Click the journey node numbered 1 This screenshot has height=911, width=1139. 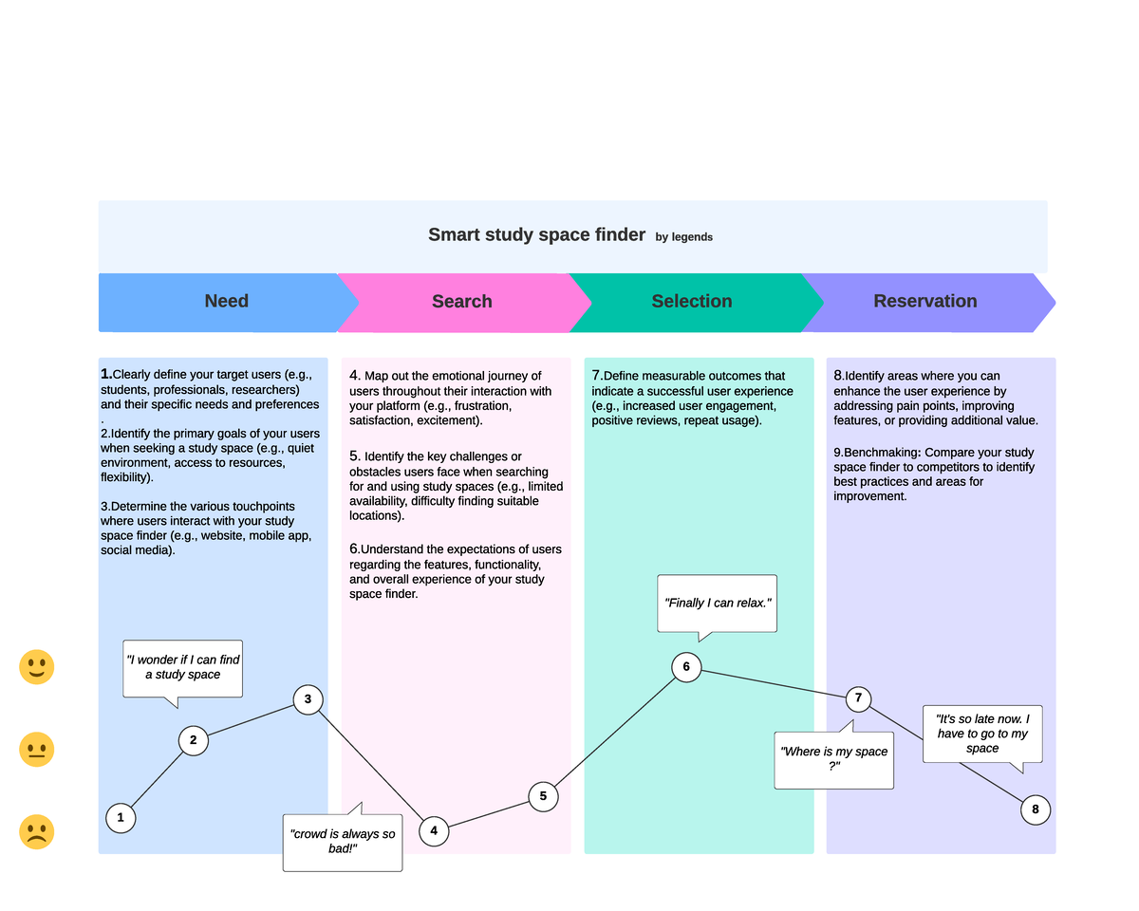(121, 817)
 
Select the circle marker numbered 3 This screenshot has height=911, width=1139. (308, 700)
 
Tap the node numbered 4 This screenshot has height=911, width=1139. (434, 831)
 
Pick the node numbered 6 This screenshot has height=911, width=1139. (686, 666)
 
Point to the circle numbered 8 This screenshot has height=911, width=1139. (1036, 809)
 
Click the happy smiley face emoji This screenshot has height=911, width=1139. (36, 668)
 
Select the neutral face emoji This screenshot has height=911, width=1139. (36, 750)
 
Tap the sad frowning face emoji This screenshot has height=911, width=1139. (36, 832)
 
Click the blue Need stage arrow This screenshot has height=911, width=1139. (226, 302)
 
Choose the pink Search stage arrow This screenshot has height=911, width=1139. (462, 302)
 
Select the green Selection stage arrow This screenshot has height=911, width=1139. (692, 302)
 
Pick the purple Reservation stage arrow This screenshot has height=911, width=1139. (925, 302)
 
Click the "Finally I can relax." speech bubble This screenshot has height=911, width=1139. (718, 603)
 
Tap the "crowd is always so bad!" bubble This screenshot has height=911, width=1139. (343, 842)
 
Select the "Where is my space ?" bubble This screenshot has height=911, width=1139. (833, 759)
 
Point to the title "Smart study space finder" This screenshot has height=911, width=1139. (536, 234)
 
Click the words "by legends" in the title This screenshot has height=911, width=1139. (683, 237)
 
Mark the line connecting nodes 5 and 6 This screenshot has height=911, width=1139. (615, 730)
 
